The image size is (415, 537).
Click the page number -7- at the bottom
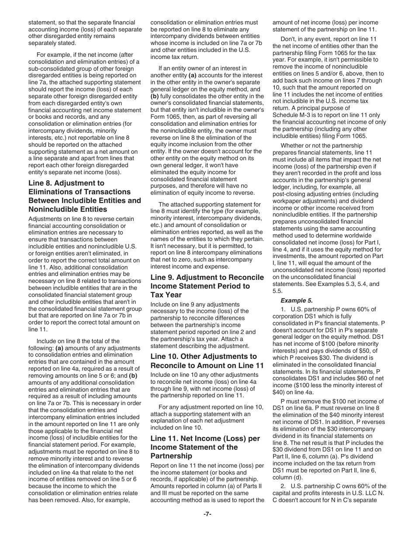click(x=207, y=514)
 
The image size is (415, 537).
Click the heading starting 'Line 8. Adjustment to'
click(x=66, y=183)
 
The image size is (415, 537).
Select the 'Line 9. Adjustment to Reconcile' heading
click(x=207, y=277)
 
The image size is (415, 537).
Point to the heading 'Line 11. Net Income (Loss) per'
click(x=205, y=438)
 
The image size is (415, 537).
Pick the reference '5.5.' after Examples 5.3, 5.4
click(x=277, y=291)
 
